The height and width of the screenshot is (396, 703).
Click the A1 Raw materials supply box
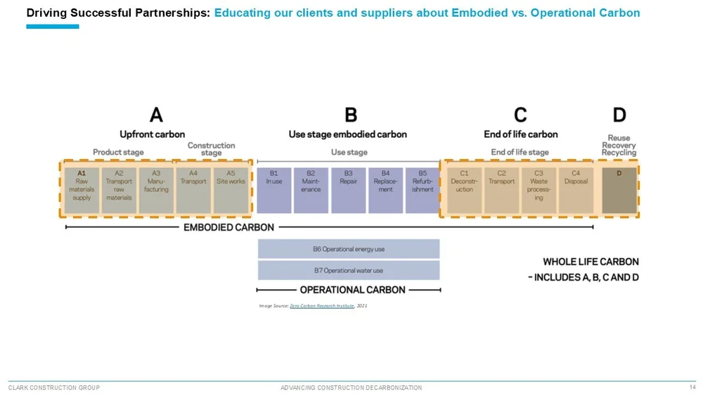(x=82, y=189)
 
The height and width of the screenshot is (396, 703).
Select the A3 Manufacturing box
(x=156, y=189)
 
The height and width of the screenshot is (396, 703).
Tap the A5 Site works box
(x=231, y=189)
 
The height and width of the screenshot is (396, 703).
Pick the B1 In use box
(x=273, y=189)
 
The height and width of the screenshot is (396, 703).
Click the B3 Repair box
(x=348, y=189)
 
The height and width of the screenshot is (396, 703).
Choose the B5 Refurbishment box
(x=423, y=189)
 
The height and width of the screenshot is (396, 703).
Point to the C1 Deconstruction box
(x=465, y=189)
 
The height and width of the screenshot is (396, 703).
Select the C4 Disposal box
(x=576, y=189)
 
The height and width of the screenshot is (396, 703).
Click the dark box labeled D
(x=619, y=189)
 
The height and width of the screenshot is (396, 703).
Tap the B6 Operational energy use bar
(x=349, y=249)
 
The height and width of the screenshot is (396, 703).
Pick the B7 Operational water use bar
(x=349, y=271)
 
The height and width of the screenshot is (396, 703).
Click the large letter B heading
(x=349, y=115)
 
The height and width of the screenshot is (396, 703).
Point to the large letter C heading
(x=520, y=115)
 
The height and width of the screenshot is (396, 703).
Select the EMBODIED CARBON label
(x=229, y=227)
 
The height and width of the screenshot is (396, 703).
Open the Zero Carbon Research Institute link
(x=321, y=306)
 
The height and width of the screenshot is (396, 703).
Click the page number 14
(x=692, y=387)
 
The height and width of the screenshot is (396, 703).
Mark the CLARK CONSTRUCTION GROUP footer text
(x=54, y=388)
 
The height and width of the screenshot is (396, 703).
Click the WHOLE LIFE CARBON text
(x=591, y=262)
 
